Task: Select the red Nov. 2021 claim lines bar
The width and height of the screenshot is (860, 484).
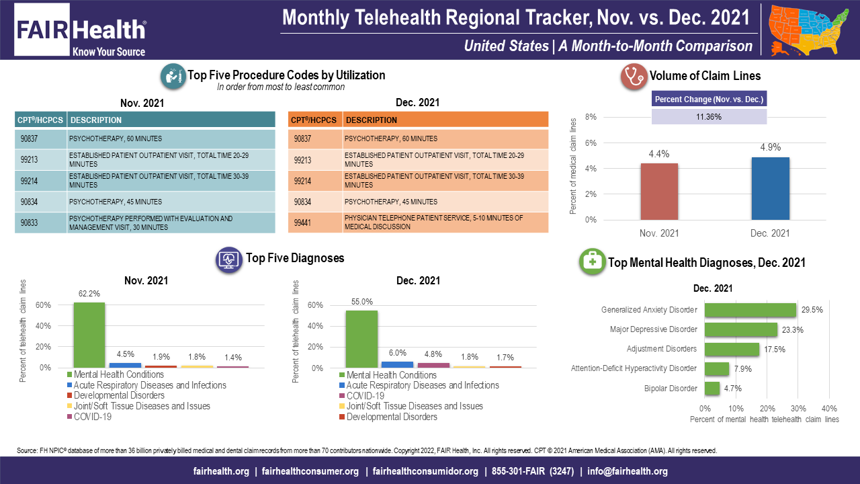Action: (x=659, y=191)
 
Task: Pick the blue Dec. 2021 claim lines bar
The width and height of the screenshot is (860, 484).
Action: (x=771, y=188)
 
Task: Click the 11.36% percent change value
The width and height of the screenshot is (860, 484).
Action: (x=709, y=116)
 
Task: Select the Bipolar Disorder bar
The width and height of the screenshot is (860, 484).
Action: (x=712, y=389)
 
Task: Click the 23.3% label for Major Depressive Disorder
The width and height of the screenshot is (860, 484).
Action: (x=792, y=330)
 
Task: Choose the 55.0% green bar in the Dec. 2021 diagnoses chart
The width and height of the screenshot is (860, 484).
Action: (x=361, y=339)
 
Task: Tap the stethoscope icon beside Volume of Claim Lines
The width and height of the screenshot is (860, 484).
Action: (x=632, y=76)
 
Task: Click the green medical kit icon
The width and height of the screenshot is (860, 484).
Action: (x=592, y=263)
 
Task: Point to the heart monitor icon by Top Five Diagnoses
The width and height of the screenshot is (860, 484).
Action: (x=228, y=259)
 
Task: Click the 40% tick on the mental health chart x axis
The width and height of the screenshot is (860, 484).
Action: (x=829, y=408)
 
